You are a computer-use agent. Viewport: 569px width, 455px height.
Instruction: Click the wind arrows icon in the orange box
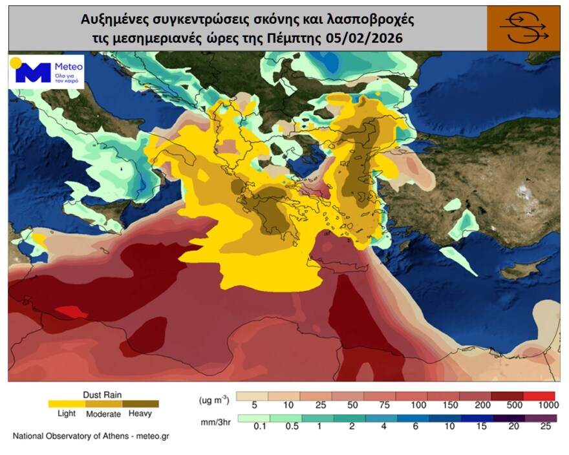point(523,28)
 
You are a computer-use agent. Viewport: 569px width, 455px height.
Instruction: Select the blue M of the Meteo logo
point(32,72)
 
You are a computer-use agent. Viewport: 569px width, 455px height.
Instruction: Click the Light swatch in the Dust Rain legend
point(67,404)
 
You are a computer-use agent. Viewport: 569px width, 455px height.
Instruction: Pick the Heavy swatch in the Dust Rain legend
point(140,404)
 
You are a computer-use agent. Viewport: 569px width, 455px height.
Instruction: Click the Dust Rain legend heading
point(102,394)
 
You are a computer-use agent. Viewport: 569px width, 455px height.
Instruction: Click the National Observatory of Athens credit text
point(91,436)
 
